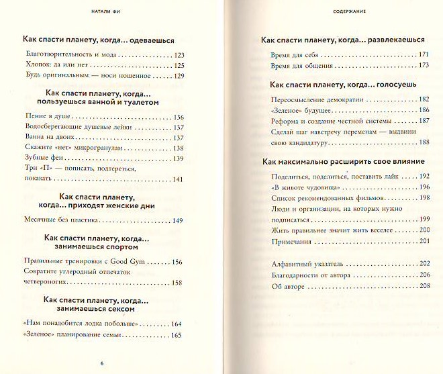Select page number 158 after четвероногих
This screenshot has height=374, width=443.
click(x=178, y=283)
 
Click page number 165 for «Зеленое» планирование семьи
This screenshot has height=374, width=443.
click(x=177, y=335)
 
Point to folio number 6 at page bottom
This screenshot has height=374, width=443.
click(x=101, y=363)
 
